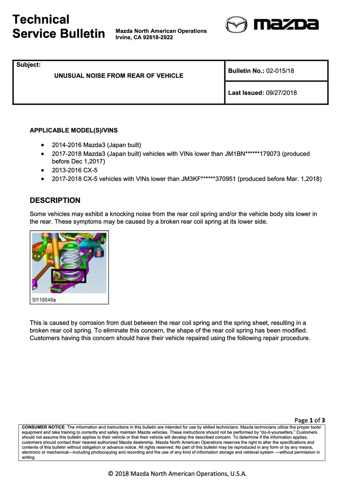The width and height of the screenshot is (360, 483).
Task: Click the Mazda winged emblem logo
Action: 236,25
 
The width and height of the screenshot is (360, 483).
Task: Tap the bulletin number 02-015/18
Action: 280,71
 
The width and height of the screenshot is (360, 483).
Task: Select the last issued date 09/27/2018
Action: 281,93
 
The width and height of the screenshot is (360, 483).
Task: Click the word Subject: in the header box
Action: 28,65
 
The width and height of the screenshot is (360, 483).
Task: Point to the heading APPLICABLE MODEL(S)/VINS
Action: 74,131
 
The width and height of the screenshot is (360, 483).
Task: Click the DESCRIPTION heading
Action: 55,200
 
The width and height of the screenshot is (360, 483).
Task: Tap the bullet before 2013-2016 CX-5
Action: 43,170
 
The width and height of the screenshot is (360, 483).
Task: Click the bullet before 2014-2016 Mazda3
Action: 43,145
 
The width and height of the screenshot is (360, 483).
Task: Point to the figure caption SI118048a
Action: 44,300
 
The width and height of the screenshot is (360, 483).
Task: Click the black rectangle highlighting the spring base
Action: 69,276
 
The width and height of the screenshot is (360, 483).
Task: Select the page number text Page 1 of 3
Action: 309,420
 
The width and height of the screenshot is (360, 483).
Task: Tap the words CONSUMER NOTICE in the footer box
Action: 43,428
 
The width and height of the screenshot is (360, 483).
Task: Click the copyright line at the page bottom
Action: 177,474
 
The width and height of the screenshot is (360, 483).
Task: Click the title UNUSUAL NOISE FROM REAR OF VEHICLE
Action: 119,76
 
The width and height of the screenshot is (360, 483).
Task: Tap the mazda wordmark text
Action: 286,25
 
